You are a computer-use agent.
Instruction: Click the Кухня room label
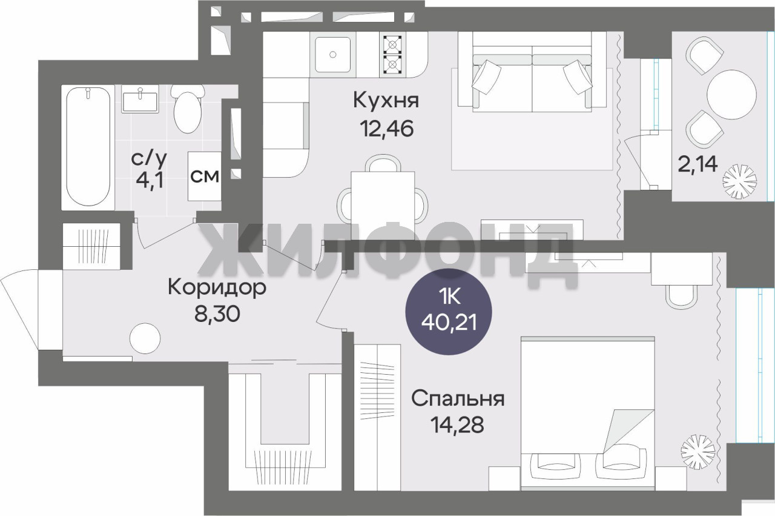[x=386, y=101]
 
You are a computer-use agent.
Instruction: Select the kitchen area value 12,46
[x=386, y=129]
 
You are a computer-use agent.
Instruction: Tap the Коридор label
[x=217, y=287]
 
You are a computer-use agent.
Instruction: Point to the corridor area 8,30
[x=217, y=314]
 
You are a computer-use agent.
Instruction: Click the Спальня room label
[x=458, y=399]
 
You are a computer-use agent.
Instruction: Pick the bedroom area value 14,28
[x=457, y=425]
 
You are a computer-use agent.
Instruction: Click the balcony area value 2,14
[x=697, y=164]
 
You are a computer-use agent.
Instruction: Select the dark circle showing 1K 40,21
[x=449, y=312]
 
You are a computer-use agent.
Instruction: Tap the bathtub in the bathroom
[x=88, y=147]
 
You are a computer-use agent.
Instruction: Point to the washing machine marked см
[x=205, y=176]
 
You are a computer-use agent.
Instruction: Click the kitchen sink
[x=333, y=55]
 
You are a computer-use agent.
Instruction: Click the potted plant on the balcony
[x=740, y=181]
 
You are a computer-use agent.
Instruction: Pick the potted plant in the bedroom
[x=698, y=452]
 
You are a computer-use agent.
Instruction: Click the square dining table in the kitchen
[x=383, y=200]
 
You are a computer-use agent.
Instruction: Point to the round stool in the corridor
[x=145, y=338]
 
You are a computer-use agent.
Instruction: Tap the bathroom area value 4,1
[x=149, y=181]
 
